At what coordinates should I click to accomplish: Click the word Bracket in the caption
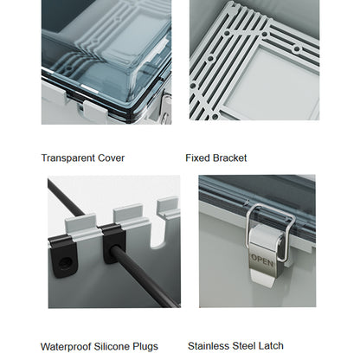(230, 158)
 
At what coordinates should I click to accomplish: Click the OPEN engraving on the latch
(262, 260)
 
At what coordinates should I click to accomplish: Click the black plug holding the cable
(113, 243)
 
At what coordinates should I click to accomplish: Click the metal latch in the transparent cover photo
(166, 108)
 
